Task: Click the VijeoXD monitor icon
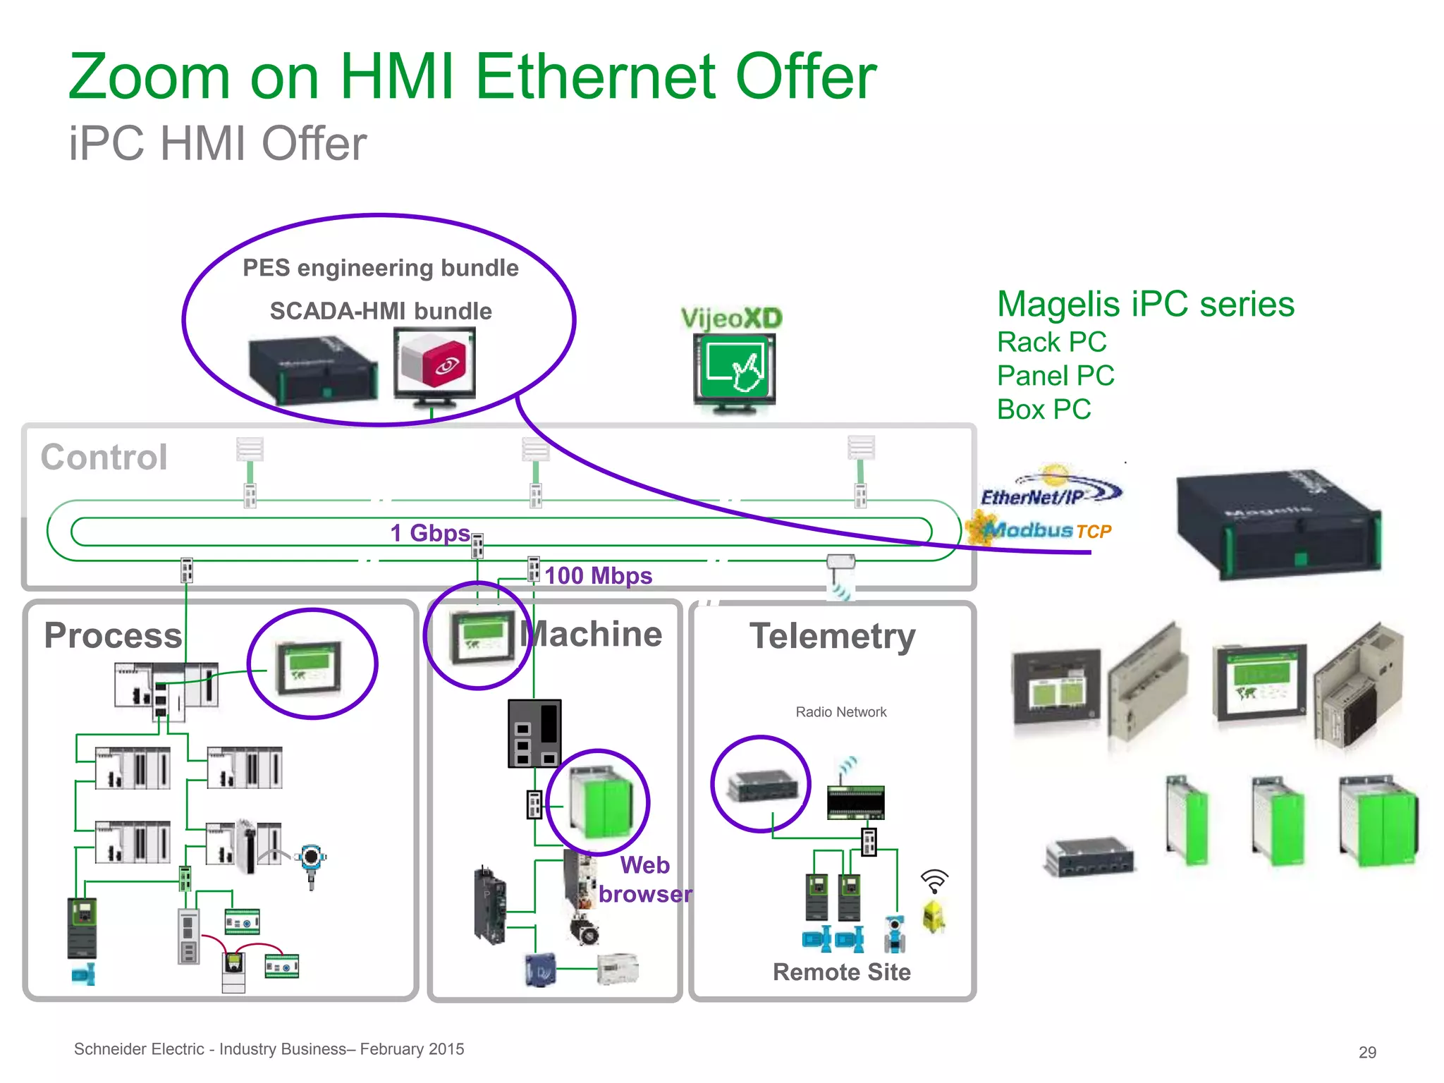click(x=734, y=372)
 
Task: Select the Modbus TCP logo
click(x=1042, y=530)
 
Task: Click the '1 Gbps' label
click(x=429, y=532)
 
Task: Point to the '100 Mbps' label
click(x=598, y=575)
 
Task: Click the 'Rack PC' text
click(x=1051, y=342)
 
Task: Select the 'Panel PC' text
click(x=1056, y=376)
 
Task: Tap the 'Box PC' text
click(x=1044, y=409)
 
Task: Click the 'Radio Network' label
click(x=840, y=712)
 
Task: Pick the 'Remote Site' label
click(x=841, y=972)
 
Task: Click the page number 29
click(x=1367, y=1052)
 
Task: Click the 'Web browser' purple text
click(x=644, y=879)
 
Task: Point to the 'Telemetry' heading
click(x=832, y=636)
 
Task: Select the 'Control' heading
click(x=104, y=457)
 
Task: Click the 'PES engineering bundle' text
click(x=380, y=268)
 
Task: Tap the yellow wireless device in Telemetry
click(x=934, y=916)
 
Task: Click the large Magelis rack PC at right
click(x=1278, y=523)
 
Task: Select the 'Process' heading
click(x=113, y=635)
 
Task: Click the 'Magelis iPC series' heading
click(x=1146, y=305)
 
